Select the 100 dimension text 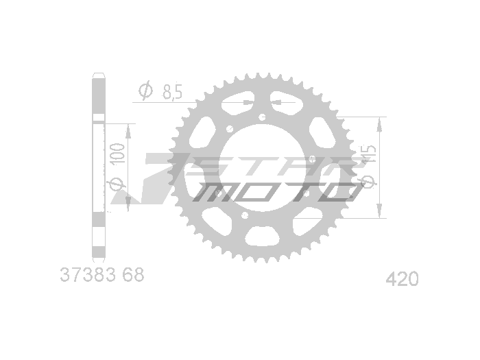coord(118,155)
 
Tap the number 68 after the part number coord(134,277)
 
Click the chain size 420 coord(403,280)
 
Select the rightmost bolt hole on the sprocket coord(312,159)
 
